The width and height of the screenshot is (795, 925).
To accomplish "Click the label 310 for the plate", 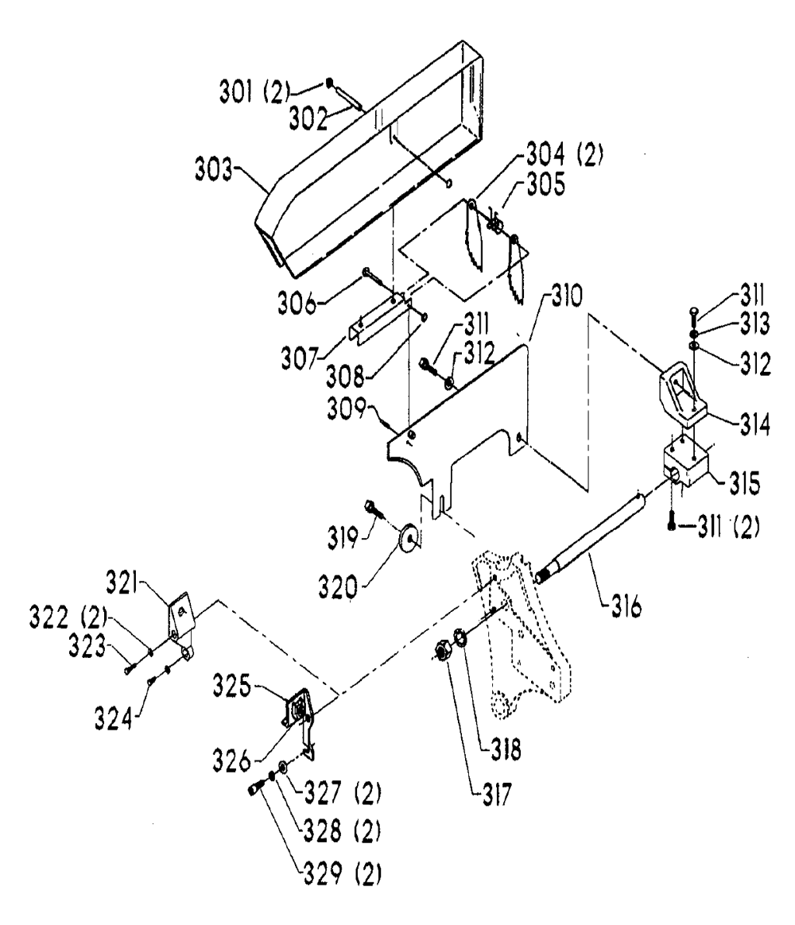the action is click(567, 294).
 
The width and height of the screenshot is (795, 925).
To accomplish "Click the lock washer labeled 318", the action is click(460, 637).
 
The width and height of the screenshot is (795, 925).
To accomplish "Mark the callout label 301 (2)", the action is click(255, 92).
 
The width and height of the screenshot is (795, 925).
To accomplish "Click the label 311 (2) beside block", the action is click(728, 527).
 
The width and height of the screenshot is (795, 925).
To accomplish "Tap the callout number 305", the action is click(546, 184).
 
